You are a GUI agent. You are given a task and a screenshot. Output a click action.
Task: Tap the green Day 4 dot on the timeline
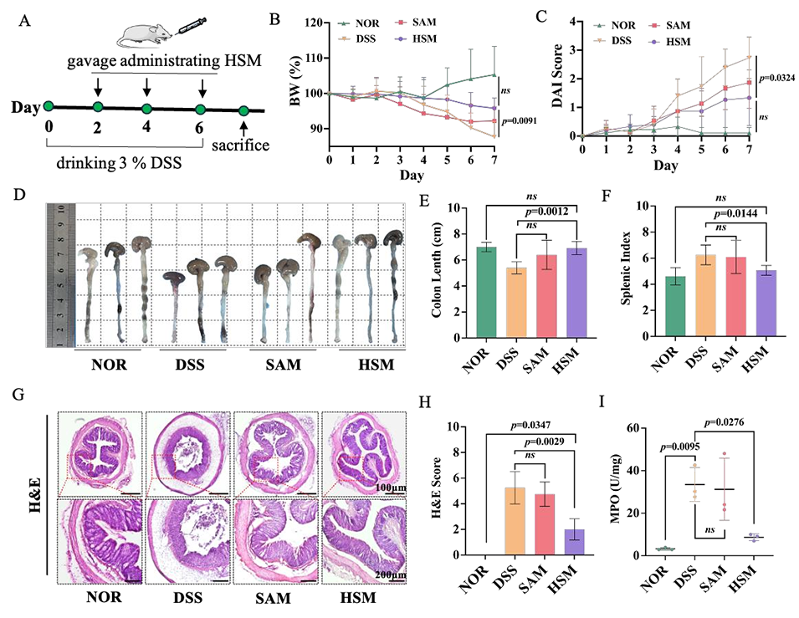[x=147, y=107]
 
